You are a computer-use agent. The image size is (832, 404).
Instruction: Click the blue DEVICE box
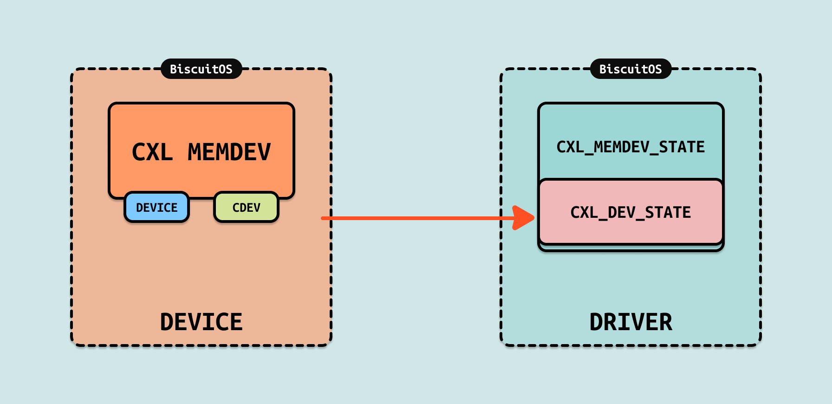pyautogui.click(x=156, y=207)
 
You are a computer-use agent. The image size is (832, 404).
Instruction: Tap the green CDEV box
pyautogui.click(x=246, y=207)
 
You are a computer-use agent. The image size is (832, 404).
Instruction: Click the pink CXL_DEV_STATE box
pyautogui.click(x=630, y=212)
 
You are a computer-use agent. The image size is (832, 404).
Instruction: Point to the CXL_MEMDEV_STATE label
pyautogui.click(x=630, y=147)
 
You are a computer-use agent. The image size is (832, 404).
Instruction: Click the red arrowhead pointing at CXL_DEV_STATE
pyautogui.click(x=524, y=218)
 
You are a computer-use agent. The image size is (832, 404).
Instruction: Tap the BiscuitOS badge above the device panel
pyautogui.click(x=201, y=69)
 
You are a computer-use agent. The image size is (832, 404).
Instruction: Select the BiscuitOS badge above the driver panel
pyautogui.click(x=630, y=69)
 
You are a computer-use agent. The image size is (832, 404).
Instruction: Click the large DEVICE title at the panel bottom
pyautogui.click(x=201, y=322)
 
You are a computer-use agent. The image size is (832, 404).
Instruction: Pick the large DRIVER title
pyautogui.click(x=630, y=322)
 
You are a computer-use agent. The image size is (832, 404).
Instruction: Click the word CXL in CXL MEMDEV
pyautogui.click(x=152, y=152)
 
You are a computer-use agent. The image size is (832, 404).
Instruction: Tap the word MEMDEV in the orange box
pyautogui.click(x=229, y=152)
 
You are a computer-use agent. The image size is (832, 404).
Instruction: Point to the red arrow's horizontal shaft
pyautogui.click(x=418, y=218)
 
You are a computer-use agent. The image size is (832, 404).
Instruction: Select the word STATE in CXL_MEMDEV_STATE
pyautogui.click(x=682, y=147)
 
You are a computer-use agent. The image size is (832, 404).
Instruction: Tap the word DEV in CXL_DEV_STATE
pyautogui.click(x=621, y=212)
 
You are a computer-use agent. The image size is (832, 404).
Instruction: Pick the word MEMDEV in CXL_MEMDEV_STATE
pyautogui.click(x=622, y=147)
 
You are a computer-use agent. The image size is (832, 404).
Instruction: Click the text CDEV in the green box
pyautogui.click(x=246, y=207)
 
